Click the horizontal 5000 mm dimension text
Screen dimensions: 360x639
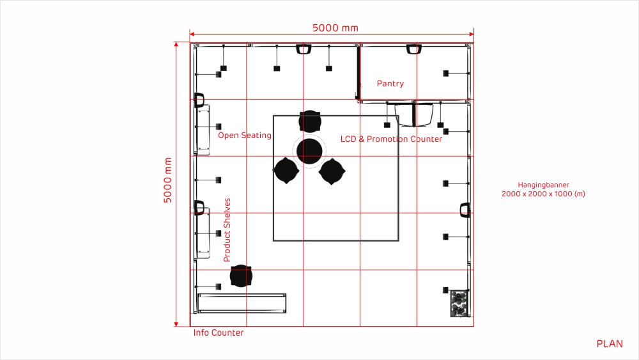[335, 27]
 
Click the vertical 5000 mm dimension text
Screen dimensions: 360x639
[168, 180]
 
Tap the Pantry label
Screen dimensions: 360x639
[390, 84]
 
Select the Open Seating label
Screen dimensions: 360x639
[244, 136]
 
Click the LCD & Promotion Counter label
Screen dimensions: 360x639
[391, 139]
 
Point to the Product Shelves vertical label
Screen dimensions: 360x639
[227, 230]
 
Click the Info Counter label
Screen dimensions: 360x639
[218, 333]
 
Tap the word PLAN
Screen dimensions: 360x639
[610, 344]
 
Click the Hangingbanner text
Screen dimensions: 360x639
[543, 185]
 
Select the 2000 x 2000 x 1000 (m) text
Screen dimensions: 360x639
[543, 194]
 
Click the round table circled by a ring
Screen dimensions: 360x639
[309, 150]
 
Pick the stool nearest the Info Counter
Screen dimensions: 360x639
[241, 276]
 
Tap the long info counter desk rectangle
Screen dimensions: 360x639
[242, 303]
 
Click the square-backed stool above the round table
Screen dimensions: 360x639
[310, 121]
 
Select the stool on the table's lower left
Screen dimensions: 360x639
[286, 171]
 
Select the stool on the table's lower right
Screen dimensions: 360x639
[332, 171]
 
